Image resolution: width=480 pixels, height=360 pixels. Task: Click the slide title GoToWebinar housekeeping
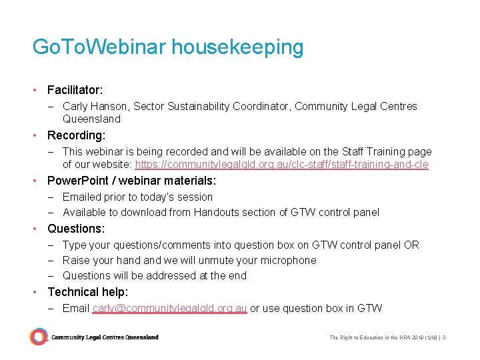[167, 47]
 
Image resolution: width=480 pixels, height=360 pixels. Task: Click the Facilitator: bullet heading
[75, 89]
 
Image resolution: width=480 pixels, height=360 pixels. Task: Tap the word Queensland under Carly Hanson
[91, 119]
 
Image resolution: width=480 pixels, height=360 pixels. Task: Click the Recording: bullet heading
[76, 135]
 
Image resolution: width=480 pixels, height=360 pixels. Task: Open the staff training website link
[281, 165]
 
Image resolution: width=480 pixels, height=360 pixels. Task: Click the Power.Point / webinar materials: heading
[131, 181]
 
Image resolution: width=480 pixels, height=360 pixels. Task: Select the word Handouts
[216, 212]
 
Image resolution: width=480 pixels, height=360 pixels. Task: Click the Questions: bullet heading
[76, 229]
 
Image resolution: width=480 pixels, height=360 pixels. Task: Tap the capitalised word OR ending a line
[411, 245]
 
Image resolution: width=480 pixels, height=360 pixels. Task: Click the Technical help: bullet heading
[88, 292]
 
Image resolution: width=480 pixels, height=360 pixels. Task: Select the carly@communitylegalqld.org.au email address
[169, 308]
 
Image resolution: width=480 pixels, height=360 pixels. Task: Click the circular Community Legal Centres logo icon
[39, 337]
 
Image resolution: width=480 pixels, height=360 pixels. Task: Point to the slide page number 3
[444, 338]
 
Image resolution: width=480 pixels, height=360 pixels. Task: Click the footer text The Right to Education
[360, 338]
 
